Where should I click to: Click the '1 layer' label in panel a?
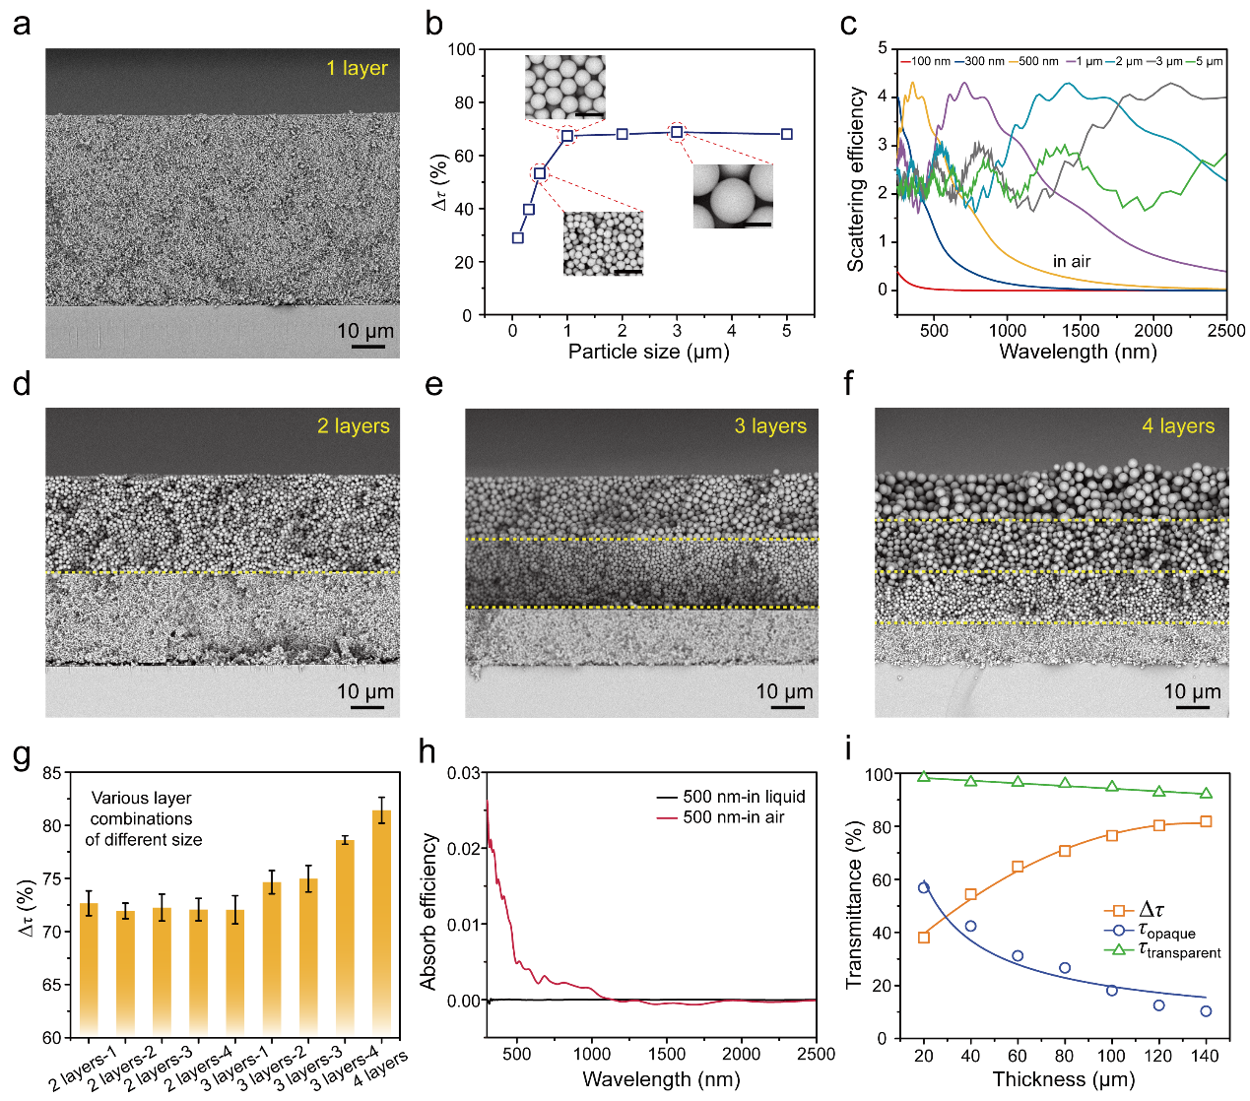point(357,68)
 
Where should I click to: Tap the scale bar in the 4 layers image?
point(1192,706)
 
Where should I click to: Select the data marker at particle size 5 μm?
point(787,134)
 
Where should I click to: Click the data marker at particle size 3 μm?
point(677,132)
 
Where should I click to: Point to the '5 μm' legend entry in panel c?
point(1209,61)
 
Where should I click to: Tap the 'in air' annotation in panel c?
point(1072,261)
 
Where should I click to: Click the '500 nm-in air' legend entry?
point(733,817)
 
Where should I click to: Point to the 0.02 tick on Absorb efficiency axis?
point(465,849)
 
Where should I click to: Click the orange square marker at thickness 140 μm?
point(1206,821)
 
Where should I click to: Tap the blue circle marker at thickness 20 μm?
point(924,887)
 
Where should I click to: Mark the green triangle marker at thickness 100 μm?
point(1112,787)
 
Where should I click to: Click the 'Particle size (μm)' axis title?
point(648,352)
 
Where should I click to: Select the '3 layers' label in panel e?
point(769,426)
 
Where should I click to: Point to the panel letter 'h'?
point(428,751)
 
